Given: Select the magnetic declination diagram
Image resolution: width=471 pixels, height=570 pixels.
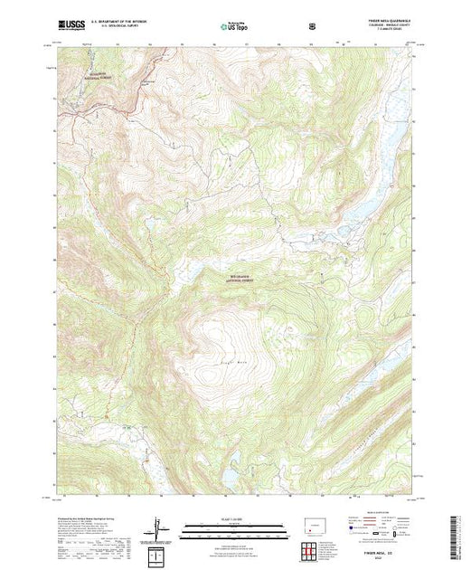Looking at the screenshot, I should [157, 527].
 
